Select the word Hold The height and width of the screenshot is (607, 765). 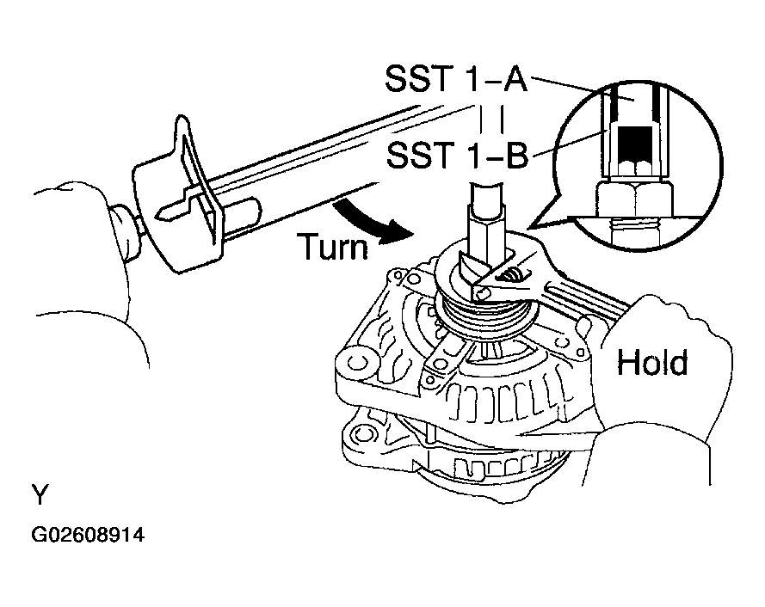click(x=653, y=363)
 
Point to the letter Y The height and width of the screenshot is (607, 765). click(x=40, y=496)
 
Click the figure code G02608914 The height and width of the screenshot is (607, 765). click(x=88, y=535)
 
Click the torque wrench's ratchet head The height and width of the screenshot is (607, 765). click(x=176, y=202)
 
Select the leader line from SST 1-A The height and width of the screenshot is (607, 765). click(x=568, y=88)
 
